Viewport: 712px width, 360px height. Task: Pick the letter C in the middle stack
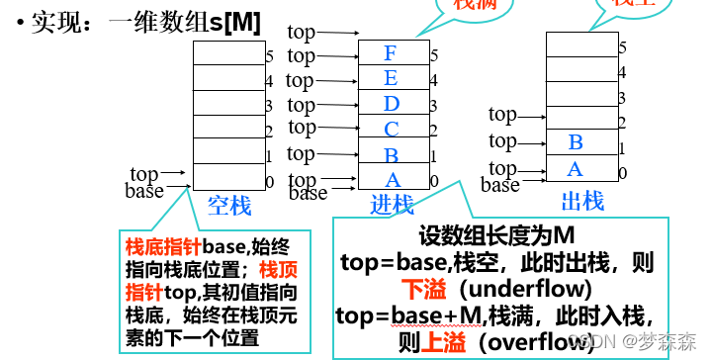point(393,128)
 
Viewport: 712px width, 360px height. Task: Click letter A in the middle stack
point(393,179)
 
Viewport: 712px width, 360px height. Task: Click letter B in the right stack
point(576,143)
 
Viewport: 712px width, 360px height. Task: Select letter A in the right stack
point(575,169)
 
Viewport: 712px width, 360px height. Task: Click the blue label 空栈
point(229,206)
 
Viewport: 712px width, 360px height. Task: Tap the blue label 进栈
point(393,206)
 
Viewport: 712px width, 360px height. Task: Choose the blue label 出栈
point(582,202)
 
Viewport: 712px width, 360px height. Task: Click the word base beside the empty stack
point(144,191)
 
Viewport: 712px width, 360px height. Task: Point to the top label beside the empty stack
point(144,175)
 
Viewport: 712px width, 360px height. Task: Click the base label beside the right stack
point(500,185)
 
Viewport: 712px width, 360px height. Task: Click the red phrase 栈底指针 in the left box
point(159,245)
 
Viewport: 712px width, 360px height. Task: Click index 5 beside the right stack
point(622,46)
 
